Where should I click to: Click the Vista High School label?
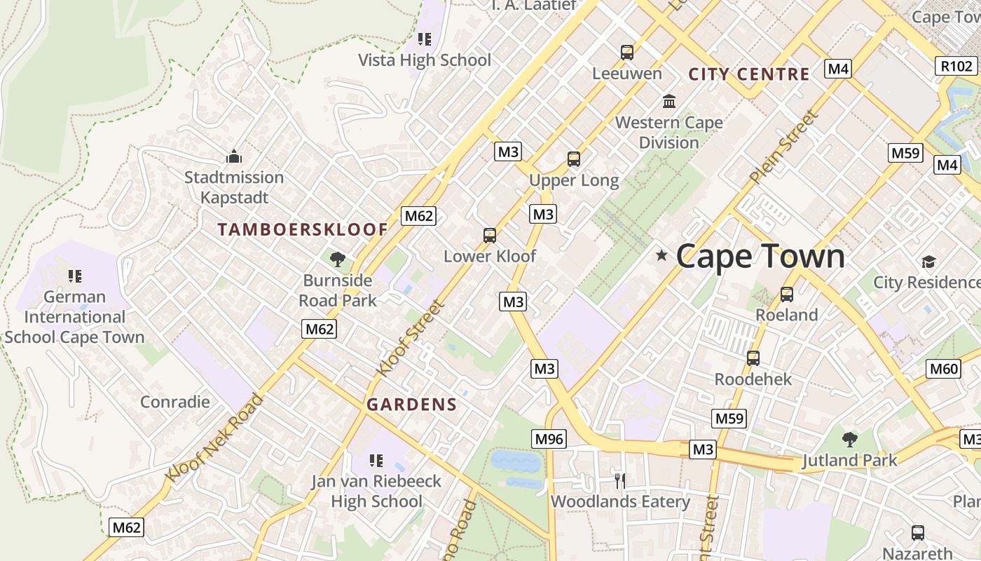click(425, 60)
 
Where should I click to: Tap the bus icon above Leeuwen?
click(627, 52)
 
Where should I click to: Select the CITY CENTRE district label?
click(749, 74)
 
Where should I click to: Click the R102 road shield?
click(956, 66)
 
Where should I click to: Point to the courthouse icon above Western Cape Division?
click(669, 101)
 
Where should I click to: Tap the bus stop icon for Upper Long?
click(574, 159)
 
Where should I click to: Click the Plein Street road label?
click(783, 147)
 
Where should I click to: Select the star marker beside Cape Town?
click(661, 255)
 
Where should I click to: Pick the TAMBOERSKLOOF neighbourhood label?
click(303, 229)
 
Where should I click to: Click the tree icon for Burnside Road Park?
click(338, 259)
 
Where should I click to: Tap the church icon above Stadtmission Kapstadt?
click(234, 156)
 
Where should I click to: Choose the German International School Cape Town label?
click(74, 316)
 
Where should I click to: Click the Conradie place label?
click(175, 401)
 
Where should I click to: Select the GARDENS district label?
click(411, 404)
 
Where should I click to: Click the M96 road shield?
click(549, 439)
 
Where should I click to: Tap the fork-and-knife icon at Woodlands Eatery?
click(619, 480)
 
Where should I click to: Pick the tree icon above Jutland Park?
click(849, 440)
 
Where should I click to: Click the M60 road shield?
click(943, 369)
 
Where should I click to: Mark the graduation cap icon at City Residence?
click(928, 262)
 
